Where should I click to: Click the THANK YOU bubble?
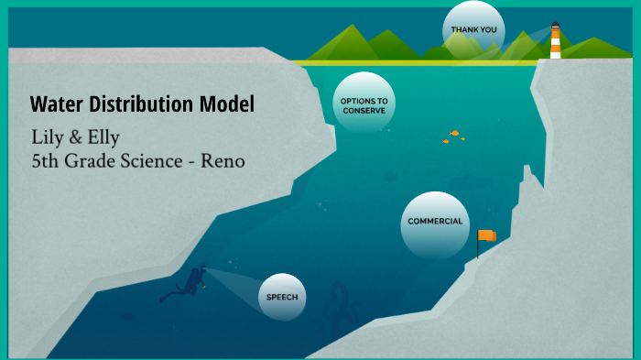tap(473, 29)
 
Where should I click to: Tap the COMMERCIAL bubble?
tap(435, 222)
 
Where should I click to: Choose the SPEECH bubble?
tap(281, 297)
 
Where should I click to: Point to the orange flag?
tap(487, 235)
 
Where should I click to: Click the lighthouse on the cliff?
tap(555, 43)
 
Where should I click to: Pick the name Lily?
tap(48, 138)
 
